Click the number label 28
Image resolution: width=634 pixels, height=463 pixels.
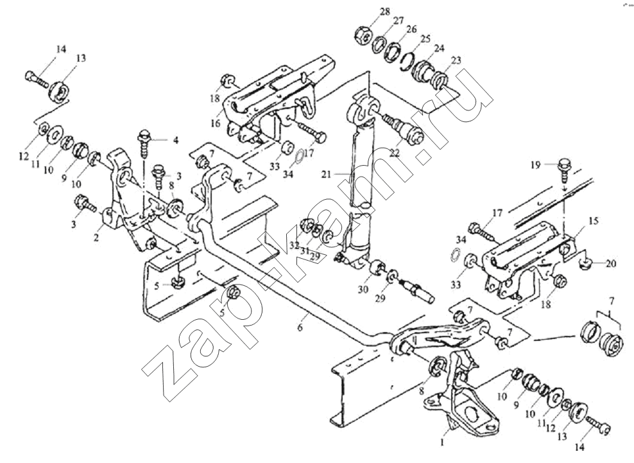pos(385,12)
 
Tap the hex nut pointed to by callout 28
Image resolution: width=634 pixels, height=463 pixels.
pos(363,35)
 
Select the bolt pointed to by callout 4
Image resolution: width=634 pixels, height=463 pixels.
pos(144,143)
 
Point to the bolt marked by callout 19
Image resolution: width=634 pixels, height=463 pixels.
pos(563,169)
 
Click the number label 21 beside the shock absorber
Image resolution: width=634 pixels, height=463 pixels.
pos(327,175)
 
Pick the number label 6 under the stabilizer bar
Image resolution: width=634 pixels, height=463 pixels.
pos(300,327)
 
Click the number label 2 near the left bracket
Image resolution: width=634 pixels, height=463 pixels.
pos(96,238)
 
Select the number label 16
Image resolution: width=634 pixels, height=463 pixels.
pos(216,123)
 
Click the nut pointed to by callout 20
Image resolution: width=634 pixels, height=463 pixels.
pos(585,264)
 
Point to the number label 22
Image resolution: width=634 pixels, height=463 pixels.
pos(395,153)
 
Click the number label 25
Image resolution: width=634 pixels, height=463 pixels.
pos(425,39)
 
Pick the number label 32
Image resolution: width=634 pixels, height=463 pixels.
pos(294,245)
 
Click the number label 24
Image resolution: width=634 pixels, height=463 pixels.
pos(440,49)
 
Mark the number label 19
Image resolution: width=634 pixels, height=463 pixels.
pos(536,165)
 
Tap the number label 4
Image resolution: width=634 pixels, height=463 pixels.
pos(175,141)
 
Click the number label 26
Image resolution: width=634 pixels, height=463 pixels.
pos(411,30)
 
